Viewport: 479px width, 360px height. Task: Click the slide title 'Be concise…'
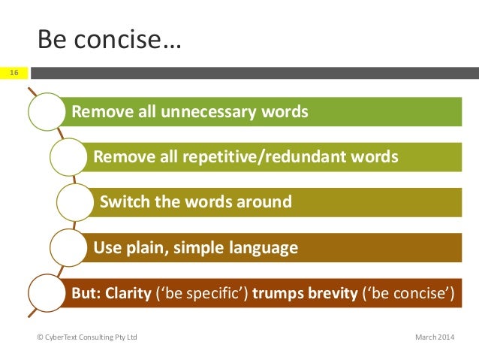coord(109,39)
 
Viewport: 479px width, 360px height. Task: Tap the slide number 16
coord(14,73)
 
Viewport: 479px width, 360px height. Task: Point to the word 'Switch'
coord(122,202)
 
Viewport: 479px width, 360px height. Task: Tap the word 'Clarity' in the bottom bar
coord(127,292)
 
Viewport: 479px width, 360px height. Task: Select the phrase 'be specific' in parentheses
coord(195,292)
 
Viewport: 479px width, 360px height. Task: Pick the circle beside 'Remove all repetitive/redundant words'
coord(69,157)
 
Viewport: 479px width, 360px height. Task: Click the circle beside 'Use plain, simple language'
coord(69,247)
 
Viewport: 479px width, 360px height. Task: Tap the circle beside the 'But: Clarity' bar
coord(47,292)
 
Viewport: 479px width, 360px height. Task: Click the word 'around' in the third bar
coord(268,202)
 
